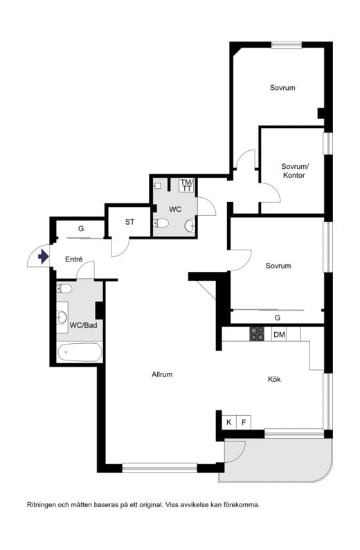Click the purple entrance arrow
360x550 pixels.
pos(43,257)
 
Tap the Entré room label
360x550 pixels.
pos(74,259)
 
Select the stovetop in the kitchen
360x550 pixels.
pos(257,334)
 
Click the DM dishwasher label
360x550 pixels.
pos(279,335)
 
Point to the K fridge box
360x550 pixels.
pos(229,422)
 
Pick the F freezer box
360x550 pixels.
pos(244,422)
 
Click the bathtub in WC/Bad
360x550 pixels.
pos(80,353)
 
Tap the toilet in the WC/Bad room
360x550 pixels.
pos(64,288)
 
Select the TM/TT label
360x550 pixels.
pos(187,185)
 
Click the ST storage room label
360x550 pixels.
pos(130,222)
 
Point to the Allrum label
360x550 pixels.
pos(162,374)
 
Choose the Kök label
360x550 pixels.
pos(274,379)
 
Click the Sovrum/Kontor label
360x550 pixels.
pos(294,171)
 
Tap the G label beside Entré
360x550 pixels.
pos(81,229)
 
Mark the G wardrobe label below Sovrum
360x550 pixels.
pos(278,318)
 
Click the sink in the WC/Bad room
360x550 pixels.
pos(62,317)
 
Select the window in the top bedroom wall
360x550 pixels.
pos(287,45)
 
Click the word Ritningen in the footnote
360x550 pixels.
pos(41,505)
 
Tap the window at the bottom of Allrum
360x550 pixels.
pos(160,468)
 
